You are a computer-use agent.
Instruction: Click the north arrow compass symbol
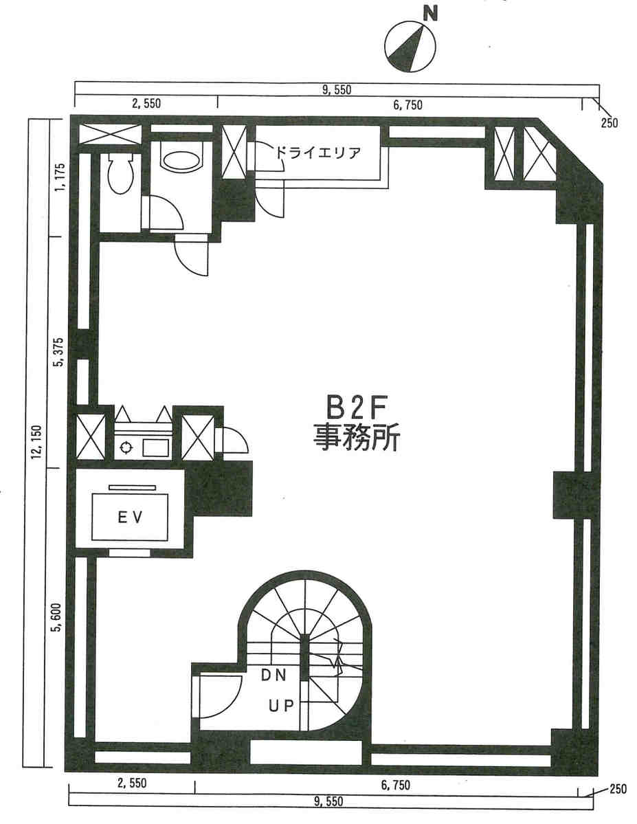pos(410,46)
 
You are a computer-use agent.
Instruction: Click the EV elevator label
pos(130,517)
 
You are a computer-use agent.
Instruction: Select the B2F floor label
pos(357,408)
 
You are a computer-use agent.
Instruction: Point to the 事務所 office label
pos(357,437)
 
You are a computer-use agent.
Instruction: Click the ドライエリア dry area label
pos(317,153)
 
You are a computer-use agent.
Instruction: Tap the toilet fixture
pos(121,174)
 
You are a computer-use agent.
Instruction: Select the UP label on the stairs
pos(281,706)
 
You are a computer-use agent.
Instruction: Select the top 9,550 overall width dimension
pos(337,90)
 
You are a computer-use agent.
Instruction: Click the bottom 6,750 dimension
pos(395,785)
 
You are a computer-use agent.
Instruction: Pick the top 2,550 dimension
pos(146,104)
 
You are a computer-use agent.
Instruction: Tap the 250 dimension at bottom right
pos(618,790)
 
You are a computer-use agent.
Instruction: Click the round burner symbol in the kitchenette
pos(126,447)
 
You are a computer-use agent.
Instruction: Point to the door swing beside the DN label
pos(217,697)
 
